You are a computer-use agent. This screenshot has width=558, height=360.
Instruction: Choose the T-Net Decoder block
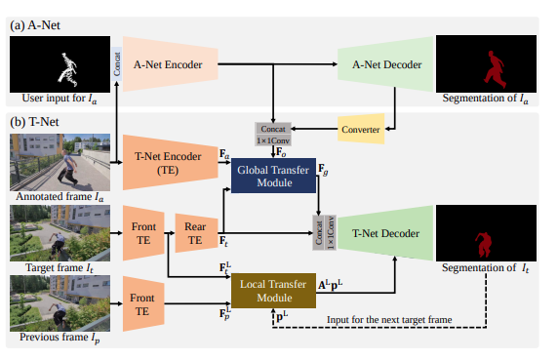pyautogui.click(x=374, y=233)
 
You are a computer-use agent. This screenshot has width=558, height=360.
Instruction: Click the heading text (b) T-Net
pyautogui.click(x=35, y=122)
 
